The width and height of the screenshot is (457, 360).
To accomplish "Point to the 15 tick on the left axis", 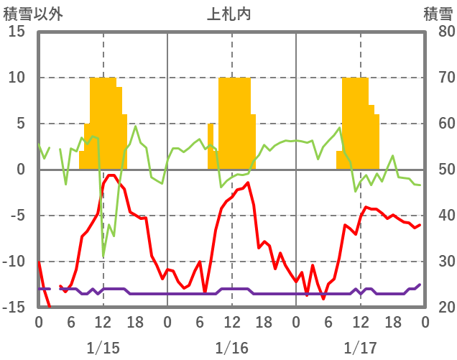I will click(17, 32).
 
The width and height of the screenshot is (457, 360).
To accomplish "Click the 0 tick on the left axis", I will click(21, 170).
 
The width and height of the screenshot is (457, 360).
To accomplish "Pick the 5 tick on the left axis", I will click(21, 124).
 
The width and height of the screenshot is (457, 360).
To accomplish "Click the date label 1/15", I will click(103, 348).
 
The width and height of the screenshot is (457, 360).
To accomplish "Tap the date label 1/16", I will click(231, 348).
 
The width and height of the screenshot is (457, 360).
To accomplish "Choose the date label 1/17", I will click(360, 348).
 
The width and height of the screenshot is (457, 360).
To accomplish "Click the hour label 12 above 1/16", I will click(231, 321).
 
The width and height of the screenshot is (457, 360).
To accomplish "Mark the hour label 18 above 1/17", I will click(392, 321).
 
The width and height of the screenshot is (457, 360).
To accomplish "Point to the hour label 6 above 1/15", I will click(71, 321).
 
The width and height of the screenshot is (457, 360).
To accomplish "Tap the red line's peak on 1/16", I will click(248, 183).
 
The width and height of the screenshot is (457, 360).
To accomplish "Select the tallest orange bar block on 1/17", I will click(355, 122).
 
